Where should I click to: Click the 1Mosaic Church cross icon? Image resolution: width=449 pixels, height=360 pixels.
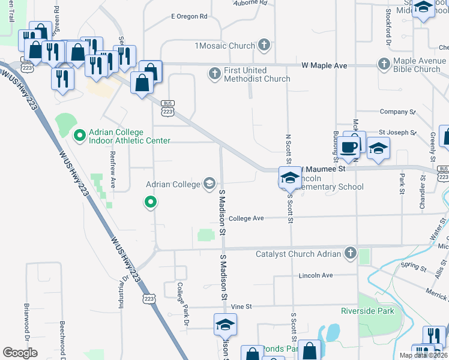263,45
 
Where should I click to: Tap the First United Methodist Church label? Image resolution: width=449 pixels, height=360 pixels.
257,74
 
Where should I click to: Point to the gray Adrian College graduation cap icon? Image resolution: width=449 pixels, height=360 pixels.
209,183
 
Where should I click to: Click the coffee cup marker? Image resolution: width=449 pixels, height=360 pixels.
348,146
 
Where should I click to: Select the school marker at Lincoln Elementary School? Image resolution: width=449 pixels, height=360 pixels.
289,178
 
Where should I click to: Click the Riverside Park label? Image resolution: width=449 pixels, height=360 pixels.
367,311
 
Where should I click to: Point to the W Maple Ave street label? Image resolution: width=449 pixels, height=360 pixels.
324,64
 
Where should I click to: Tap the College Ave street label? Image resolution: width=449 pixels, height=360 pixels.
246,218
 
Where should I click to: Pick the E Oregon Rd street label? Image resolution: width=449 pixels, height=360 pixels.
188,16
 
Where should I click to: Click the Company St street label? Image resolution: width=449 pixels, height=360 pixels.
397,112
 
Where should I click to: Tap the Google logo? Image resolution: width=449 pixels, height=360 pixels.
20,353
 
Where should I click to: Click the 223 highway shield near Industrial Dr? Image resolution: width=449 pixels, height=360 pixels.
149,298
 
